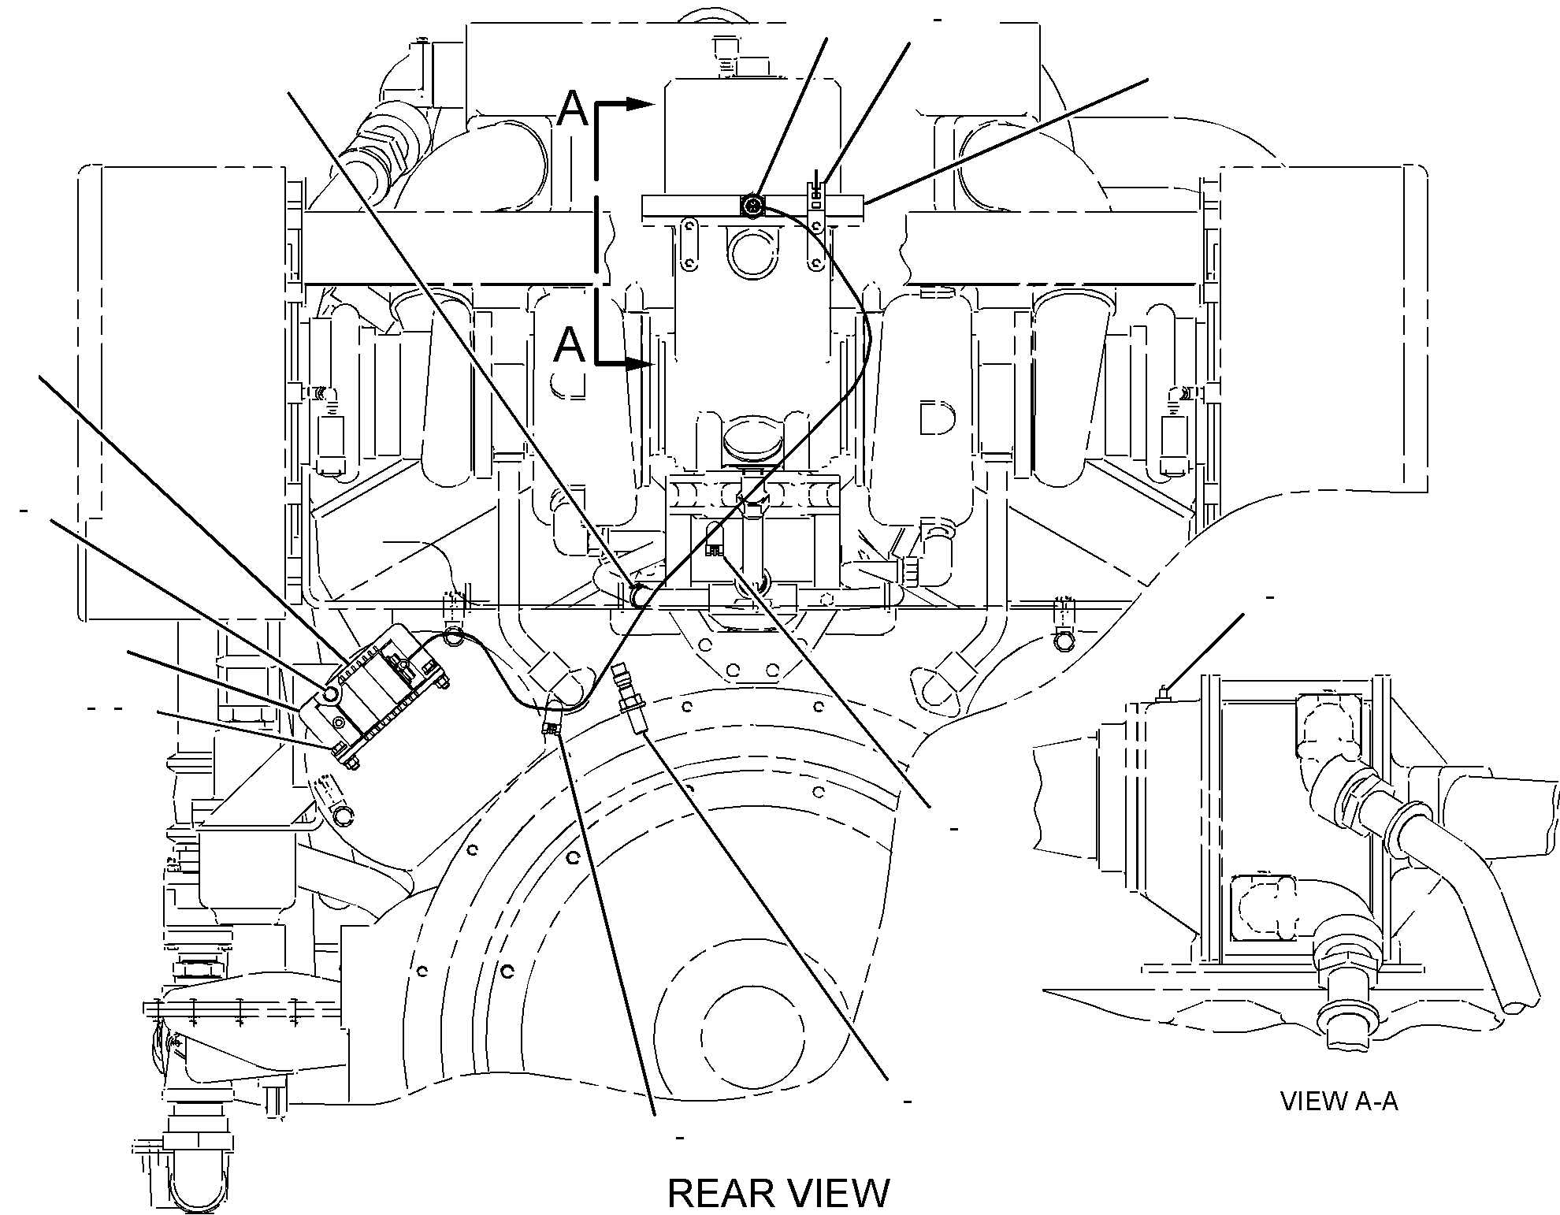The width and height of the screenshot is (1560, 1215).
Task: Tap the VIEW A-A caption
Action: pos(1339,1101)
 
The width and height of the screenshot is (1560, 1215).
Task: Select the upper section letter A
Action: pos(572,108)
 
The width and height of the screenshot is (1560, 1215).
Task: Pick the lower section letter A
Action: pos(570,345)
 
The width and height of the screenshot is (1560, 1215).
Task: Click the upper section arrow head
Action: pos(641,103)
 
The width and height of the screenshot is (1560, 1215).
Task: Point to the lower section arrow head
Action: pos(641,364)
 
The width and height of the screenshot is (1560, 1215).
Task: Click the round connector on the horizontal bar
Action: pos(752,206)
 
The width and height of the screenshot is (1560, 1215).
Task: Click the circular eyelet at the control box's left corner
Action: pos(329,693)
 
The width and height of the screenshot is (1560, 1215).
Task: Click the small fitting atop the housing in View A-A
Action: pos(1161,695)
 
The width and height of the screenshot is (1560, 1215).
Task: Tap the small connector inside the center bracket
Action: pos(714,550)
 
